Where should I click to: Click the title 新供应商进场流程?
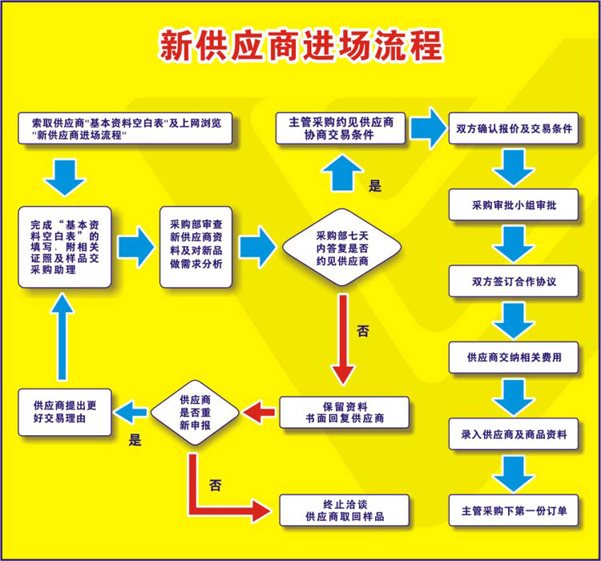[300, 46]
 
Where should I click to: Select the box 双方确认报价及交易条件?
[514, 128]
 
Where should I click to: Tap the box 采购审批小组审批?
[514, 205]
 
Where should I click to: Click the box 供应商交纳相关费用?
[514, 357]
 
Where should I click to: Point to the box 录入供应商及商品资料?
[514, 434]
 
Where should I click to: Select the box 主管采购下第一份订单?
[514, 510]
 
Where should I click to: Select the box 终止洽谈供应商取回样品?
[345, 511]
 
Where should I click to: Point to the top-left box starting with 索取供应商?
[125, 128]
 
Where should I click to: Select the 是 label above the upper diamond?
[374, 187]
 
